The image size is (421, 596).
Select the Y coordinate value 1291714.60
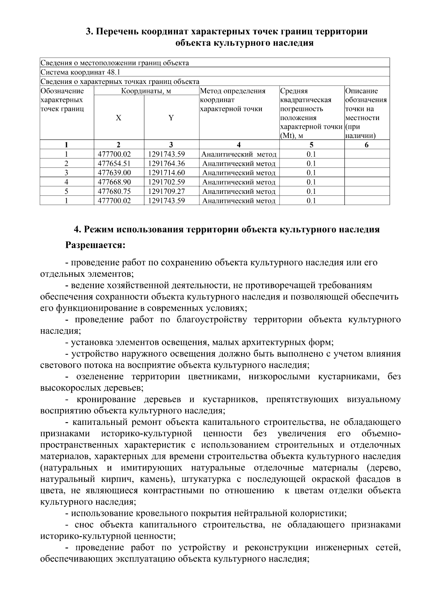[x=166, y=173]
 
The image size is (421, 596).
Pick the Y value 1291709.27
[x=166, y=191]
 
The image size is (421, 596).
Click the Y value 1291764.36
[x=166, y=164]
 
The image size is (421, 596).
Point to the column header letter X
[x=119, y=118]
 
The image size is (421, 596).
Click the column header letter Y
[x=171, y=118]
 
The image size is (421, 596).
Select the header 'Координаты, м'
[x=146, y=91]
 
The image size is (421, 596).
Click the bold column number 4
[x=239, y=145]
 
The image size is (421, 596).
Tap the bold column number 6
[x=367, y=145]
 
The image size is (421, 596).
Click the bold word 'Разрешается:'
[x=95, y=245]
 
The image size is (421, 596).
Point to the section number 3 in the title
[x=89, y=32]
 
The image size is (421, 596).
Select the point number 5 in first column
[x=66, y=191]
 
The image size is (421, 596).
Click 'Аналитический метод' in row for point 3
[x=239, y=173]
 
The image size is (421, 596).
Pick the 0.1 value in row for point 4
[x=311, y=182]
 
